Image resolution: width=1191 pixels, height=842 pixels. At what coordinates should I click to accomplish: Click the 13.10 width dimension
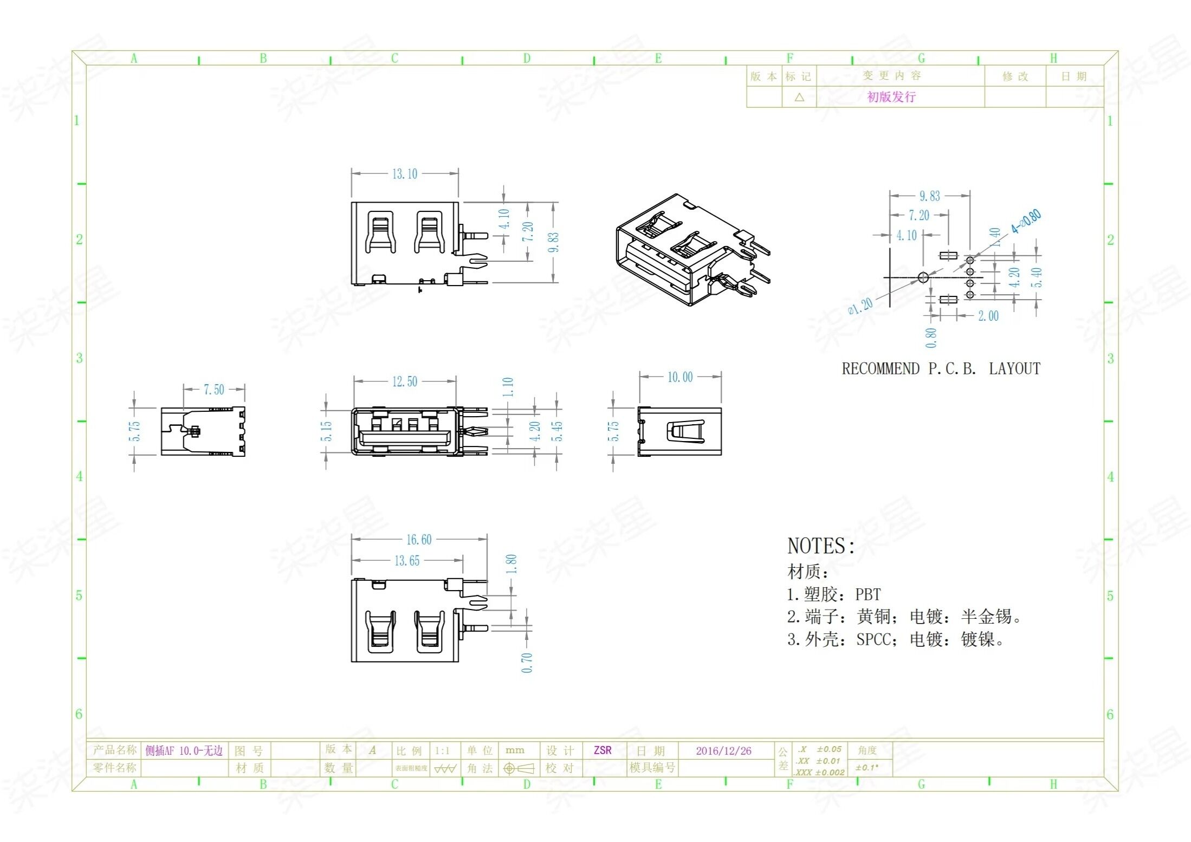click(405, 174)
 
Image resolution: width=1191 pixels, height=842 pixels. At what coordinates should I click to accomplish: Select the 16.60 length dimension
click(419, 540)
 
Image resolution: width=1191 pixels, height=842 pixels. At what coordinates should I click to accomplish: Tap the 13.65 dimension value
click(406, 561)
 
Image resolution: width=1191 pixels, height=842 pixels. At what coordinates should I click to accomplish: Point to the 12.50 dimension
click(405, 382)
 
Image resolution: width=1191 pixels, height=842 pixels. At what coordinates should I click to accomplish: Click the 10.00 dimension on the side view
click(679, 377)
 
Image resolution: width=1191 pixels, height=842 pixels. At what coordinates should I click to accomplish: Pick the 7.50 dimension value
click(213, 390)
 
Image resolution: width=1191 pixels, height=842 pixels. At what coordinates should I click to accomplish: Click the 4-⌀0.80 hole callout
click(1026, 222)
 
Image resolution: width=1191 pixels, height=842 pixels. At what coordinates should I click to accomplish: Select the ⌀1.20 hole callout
click(860, 306)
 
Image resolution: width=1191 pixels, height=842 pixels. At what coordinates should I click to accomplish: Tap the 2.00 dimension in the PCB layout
click(988, 316)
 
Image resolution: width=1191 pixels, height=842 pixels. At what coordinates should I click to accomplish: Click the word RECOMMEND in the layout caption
click(880, 369)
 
